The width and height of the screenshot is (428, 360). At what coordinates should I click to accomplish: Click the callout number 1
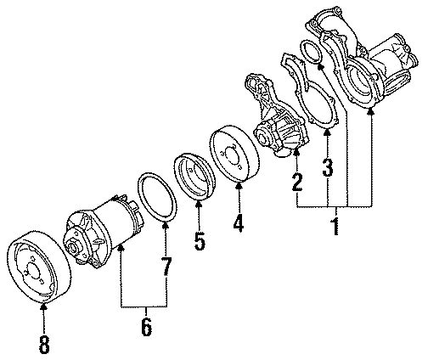click(x=334, y=226)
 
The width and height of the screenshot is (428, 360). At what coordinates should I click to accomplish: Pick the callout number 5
click(x=200, y=241)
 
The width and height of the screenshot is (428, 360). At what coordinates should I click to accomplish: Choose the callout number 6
click(x=145, y=326)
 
